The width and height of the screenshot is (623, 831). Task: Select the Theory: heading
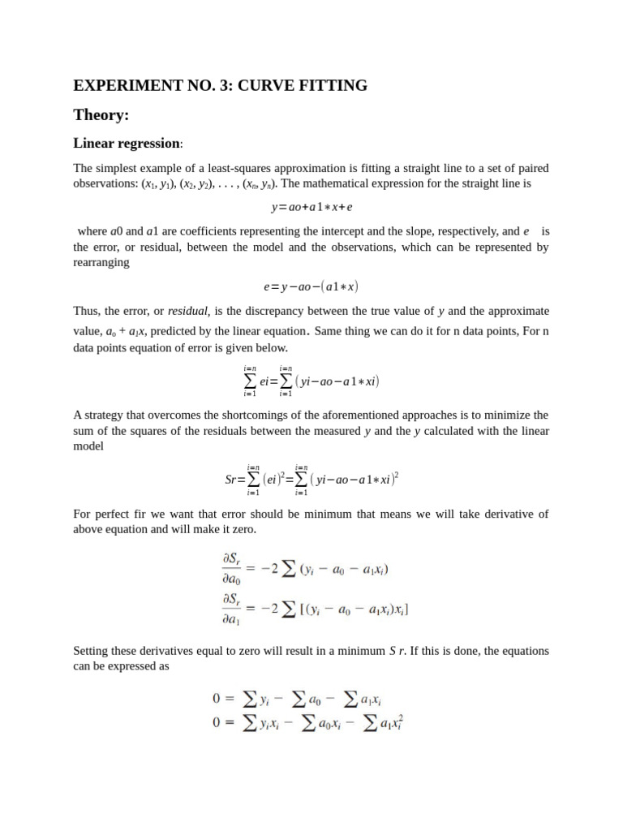[x=101, y=115]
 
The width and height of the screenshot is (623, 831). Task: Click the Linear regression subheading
[x=127, y=144]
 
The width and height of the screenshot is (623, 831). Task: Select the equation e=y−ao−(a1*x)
[x=311, y=286]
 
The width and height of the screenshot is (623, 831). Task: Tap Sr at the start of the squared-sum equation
[x=232, y=480]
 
